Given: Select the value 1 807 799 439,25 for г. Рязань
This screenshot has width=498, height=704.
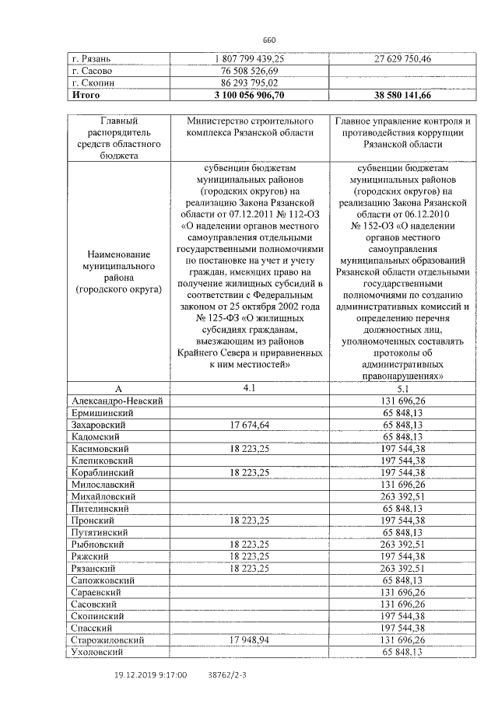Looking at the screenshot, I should [x=250, y=58].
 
